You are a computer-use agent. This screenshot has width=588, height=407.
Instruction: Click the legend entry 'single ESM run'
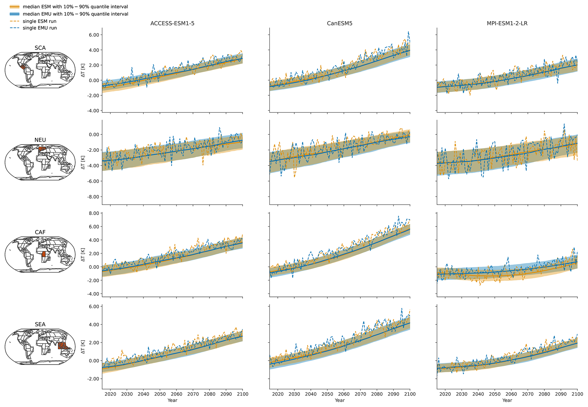[x=39, y=21]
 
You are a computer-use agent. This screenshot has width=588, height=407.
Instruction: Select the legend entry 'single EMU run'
[x=40, y=28]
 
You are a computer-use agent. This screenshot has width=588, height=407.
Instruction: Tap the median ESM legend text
[x=75, y=7]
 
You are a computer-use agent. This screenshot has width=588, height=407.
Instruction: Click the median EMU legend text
[x=75, y=14]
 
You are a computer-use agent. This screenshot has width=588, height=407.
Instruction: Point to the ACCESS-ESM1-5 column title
[x=172, y=24]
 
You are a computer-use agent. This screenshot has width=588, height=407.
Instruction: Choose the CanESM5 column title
[x=340, y=24]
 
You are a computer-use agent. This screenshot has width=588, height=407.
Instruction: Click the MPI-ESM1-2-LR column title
[x=507, y=24]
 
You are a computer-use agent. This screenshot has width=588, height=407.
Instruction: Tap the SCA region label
[x=40, y=48]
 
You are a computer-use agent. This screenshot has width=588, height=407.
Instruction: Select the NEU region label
[x=40, y=140]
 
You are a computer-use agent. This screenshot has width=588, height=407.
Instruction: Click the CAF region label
[x=40, y=232]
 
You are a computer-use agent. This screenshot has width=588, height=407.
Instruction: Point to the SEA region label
[x=40, y=324]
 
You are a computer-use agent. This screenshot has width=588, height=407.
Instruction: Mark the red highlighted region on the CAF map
[x=44, y=254]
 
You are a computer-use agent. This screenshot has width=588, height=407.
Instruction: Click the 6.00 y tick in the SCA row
[x=93, y=35]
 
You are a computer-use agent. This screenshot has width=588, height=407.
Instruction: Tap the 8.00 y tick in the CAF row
[x=93, y=213]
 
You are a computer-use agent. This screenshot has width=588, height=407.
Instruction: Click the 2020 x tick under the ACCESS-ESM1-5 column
[x=110, y=394]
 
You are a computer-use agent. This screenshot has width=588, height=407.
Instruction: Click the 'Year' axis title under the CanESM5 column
[x=340, y=400]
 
